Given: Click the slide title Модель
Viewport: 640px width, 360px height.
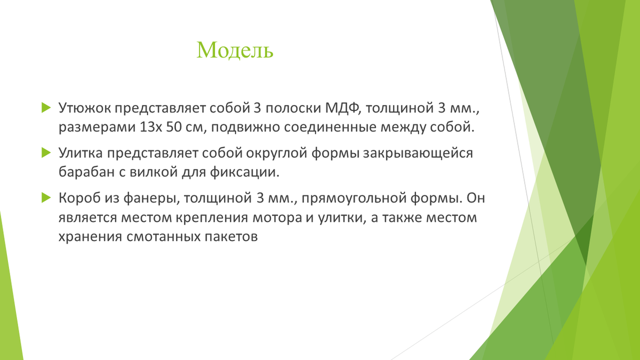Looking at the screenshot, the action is pyautogui.click(x=235, y=50).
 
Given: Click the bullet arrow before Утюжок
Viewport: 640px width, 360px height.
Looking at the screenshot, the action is pyautogui.click(x=46, y=107).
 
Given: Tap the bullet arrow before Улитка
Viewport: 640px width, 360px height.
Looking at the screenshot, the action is pyautogui.click(x=46, y=153).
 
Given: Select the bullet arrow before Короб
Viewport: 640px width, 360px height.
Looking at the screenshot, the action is pyautogui.click(x=46, y=197).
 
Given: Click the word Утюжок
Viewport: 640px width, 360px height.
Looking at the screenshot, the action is pyautogui.click(x=85, y=108).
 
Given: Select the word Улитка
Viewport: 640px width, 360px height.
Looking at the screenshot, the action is pyautogui.click(x=81, y=153).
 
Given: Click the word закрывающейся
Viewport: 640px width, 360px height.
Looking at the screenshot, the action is pyautogui.click(x=418, y=154).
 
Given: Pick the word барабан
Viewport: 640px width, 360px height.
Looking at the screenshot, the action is pyautogui.click(x=86, y=172).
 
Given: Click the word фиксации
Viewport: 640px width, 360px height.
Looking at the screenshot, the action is pyautogui.click(x=245, y=172).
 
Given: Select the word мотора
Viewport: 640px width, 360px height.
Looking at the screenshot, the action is pyautogui.click(x=277, y=218).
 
